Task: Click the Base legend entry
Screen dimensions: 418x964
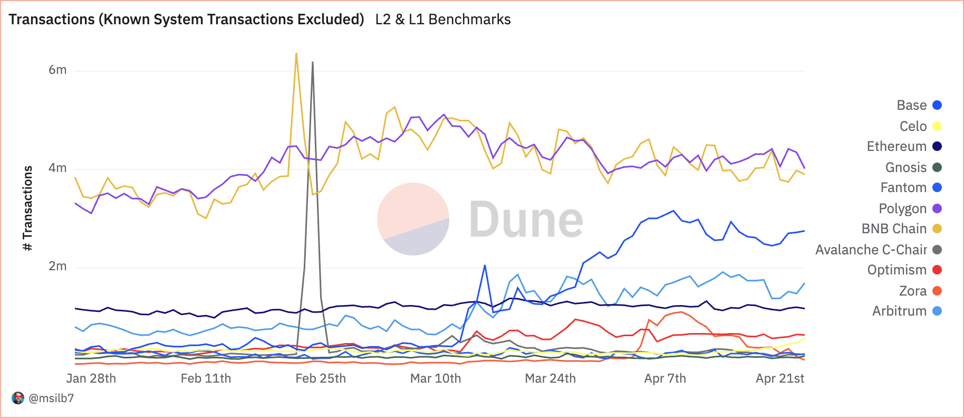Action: click(x=918, y=105)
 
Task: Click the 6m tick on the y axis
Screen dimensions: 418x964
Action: click(x=57, y=70)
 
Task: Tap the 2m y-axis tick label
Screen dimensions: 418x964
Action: click(x=57, y=266)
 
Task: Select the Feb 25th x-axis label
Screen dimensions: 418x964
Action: click(x=321, y=378)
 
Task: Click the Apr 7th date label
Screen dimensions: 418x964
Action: click(x=665, y=378)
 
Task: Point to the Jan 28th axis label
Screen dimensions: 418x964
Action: click(x=91, y=378)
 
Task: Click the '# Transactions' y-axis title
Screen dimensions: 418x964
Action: click(x=28, y=208)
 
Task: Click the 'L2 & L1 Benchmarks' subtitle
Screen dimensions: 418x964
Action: click(x=443, y=20)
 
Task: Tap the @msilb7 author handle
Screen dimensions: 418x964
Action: click(x=51, y=398)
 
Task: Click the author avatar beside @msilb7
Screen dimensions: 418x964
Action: click(x=18, y=398)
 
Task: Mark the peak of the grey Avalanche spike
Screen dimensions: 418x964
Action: click(x=313, y=62)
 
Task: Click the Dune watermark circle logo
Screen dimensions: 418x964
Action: click(x=413, y=219)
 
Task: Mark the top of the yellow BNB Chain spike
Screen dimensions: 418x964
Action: click(x=296, y=53)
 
